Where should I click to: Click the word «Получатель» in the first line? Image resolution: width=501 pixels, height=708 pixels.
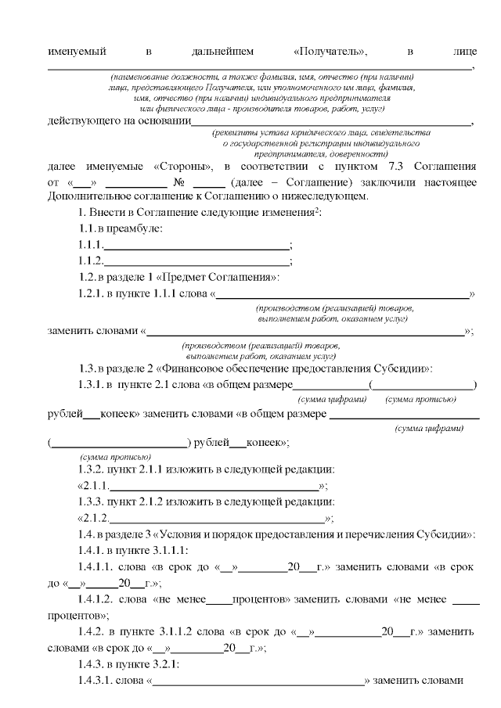331,52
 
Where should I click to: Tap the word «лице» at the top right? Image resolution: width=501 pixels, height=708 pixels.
464,52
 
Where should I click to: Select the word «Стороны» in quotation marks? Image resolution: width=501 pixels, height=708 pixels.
183,167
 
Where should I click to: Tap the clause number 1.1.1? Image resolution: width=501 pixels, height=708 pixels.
91,244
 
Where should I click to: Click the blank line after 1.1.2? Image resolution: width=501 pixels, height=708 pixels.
196,261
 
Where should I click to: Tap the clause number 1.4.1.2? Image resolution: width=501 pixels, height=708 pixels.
99,600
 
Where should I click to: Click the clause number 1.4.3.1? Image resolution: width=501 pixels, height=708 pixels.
99,681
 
